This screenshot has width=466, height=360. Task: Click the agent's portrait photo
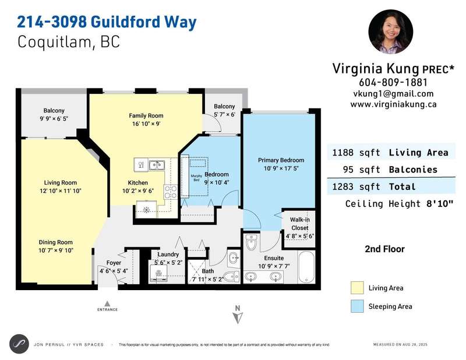pyautogui.click(x=390, y=31)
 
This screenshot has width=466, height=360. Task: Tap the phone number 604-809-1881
pyautogui.click(x=393, y=82)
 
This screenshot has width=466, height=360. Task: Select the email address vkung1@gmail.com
pyautogui.click(x=393, y=94)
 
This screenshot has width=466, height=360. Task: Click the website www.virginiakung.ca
pyautogui.click(x=393, y=104)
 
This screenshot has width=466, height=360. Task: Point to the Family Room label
pyautogui.click(x=146, y=116)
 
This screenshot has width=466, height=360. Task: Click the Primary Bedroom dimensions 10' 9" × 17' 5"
pyautogui.click(x=281, y=168)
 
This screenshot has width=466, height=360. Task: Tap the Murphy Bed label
pyautogui.click(x=196, y=178)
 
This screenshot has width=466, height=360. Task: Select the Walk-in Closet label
pyautogui.click(x=299, y=224)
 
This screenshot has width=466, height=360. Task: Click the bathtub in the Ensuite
pyautogui.click(x=306, y=267)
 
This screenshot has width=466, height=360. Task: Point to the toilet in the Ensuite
pyautogui.click(x=252, y=242)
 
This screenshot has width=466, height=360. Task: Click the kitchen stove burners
pyautogui.click(x=170, y=192)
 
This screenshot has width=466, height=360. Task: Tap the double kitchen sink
pyautogui.click(x=157, y=165)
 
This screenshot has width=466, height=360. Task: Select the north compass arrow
pyautogui.click(x=238, y=318)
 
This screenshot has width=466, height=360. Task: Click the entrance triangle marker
pyautogui.click(x=107, y=303)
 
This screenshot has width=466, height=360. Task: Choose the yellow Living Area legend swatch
pyautogui.click(x=357, y=288)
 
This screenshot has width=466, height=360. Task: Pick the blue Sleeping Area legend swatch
pyautogui.click(x=357, y=306)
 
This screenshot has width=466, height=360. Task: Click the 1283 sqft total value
pyautogui.click(x=356, y=186)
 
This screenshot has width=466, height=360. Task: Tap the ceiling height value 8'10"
pyautogui.click(x=440, y=204)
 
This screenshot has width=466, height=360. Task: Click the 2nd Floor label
pyautogui.click(x=384, y=249)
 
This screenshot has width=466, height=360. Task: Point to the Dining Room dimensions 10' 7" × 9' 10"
pyautogui.click(x=56, y=250)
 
